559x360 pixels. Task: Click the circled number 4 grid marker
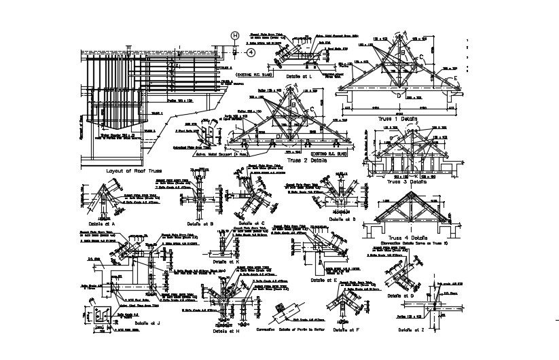pyautogui.click(x=251, y=51)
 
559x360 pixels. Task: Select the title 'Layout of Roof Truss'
pyautogui.click(x=134, y=171)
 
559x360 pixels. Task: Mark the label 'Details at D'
pyautogui.click(x=342, y=219)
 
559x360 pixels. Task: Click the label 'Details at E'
pyautogui.click(x=324, y=279)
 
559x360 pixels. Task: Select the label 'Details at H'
pyautogui.click(x=226, y=331)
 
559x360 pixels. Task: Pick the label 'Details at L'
pyautogui.click(x=299, y=77)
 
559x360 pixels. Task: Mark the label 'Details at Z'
pyautogui.click(x=412, y=329)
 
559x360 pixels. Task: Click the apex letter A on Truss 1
pyautogui.click(x=402, y=34)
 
